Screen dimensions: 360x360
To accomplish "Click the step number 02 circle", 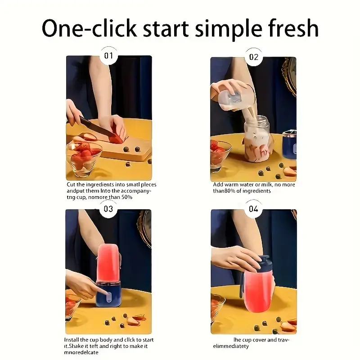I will coord(254,57).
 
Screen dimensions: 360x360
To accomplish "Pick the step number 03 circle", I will coord(108,209).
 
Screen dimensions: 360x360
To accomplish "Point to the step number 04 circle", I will coord(254,209).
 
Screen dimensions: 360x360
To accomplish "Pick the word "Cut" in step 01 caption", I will coord(71,184).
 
